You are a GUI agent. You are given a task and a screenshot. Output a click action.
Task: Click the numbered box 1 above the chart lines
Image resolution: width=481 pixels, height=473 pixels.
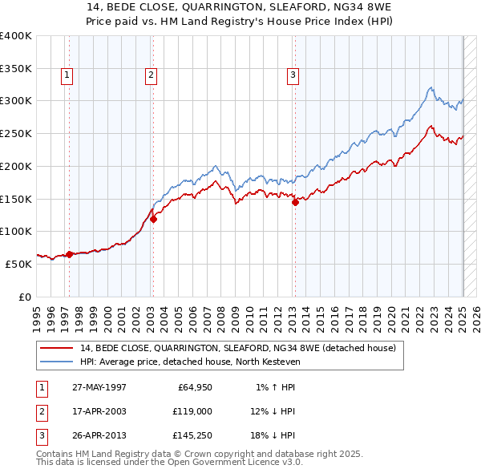(66, 75)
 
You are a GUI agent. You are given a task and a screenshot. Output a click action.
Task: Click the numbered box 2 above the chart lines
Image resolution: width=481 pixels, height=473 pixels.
(151, 75)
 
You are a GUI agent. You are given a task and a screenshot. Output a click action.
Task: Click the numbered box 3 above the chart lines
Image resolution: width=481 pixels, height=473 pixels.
(293, 75)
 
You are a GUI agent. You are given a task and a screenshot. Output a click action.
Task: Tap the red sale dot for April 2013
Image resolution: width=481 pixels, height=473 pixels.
(295, 202)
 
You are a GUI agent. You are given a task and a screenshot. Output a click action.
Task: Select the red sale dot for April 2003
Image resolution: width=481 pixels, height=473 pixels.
(153, 219)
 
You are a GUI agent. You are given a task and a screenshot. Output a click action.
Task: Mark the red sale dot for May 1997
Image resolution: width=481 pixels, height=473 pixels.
(70, 254)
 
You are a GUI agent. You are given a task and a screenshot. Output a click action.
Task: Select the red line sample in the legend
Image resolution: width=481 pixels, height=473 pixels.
(57, 349)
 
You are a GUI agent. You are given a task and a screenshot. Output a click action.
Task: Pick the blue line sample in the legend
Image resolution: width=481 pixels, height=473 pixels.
(57, 362)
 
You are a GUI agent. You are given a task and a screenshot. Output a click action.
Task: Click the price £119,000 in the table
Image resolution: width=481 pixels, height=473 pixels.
(192, 411)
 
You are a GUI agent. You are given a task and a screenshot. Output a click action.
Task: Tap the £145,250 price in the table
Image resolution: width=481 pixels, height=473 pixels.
(192, 435)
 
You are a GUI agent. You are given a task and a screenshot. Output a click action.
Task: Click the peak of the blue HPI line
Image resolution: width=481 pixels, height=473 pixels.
(430, 87)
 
